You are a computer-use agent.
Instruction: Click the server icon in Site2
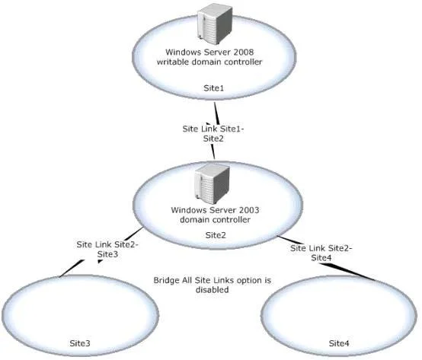click(x=213, y=184)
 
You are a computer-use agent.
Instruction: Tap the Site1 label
click(x=214, y=88)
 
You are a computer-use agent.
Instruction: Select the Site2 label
click(x=216, y=235)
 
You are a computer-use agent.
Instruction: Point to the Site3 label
click(x=80, y=343)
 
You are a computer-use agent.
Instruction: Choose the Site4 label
click(x=339, y=343)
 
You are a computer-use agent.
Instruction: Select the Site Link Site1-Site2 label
click(x=213, y=134)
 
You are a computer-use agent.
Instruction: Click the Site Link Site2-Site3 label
click(x=107, y=249)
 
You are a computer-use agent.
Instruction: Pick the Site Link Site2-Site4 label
click(x=321, y=253)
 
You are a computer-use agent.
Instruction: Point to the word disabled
click(x=213, y=290)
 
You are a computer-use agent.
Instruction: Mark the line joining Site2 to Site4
click(x=326, y=258)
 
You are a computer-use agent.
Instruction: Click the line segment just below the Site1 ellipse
click(x=217, y=113)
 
